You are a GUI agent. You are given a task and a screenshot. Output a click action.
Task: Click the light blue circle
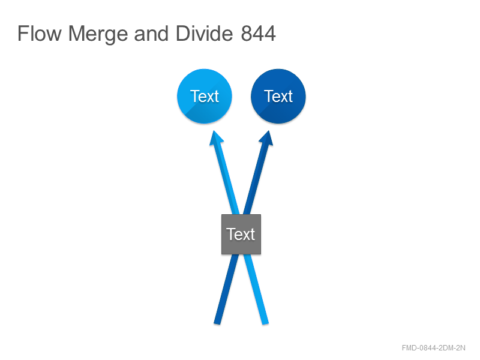tap(205, 96)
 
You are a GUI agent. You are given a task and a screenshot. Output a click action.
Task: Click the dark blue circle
tap(278, 96)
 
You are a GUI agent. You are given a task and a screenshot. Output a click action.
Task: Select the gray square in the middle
tap(241, 234)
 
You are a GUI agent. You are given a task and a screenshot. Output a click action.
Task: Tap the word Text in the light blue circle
tap(205, 97)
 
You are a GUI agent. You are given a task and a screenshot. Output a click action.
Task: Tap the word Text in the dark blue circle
tap(278, 97)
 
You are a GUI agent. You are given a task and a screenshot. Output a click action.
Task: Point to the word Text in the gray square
tap(241, 234)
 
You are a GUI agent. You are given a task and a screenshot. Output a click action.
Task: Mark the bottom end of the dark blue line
tap(217, 323)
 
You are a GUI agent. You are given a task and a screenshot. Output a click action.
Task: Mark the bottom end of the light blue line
tap(265, 323)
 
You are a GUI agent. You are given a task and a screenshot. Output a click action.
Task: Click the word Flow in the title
tap(40, 33)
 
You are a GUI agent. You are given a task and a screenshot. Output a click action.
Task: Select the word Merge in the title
tap(98, 34)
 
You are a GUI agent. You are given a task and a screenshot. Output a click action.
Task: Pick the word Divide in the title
tap(205, 33)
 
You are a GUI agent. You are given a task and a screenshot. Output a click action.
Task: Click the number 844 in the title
tap(259, 34)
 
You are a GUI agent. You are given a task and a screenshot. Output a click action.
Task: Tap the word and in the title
tap(152, 34)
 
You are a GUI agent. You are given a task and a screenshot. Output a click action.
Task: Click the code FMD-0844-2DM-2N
tap(433, 348)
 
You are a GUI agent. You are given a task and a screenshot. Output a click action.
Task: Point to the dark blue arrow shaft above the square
tap(256, 178)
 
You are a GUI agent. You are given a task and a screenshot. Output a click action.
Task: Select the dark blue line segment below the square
tap(227, 289)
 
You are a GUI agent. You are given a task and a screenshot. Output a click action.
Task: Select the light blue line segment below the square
tap(256, 289)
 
